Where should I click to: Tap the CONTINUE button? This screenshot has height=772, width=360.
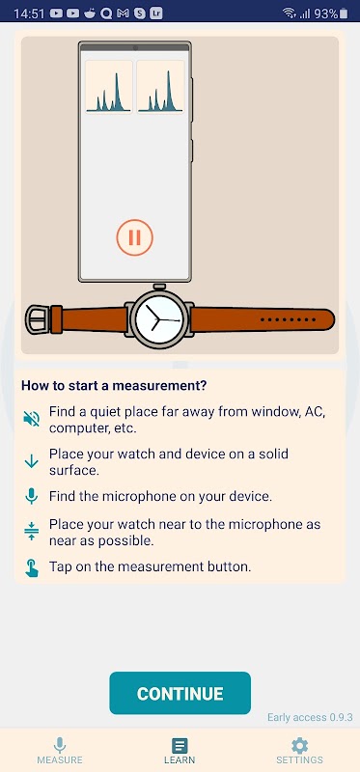[x=180, y=693]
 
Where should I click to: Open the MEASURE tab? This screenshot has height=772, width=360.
[x=60, y=751]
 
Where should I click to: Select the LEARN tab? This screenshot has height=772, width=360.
[x=180, y=751]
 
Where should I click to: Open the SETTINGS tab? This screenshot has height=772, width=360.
[x=299, y=751]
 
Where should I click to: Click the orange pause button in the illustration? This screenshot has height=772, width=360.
[x=134, y=237]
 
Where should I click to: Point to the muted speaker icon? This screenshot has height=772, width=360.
[x=32, y=419]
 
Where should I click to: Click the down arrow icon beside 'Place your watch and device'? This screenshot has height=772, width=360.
[x=32, y=461]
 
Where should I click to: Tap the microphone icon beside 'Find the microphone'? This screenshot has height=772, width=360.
[x=32, y=496]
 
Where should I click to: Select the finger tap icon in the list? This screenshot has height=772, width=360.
[x=32, y=567]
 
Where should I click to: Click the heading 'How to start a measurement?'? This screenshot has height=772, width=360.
[x=114, y=385]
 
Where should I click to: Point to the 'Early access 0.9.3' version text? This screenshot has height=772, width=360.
[x=310, y=717]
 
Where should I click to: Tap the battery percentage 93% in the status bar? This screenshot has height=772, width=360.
[x=325, y=14]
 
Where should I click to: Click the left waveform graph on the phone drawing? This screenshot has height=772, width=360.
[x=109, y=87]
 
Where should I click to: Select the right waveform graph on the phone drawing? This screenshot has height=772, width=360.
[x=160, y=87]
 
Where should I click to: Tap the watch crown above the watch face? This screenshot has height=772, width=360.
[x=159, y=286]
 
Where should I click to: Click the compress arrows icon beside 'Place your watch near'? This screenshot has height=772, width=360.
[x=32, y=532]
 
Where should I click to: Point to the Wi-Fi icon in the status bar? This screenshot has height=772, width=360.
[x=290, y=14]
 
